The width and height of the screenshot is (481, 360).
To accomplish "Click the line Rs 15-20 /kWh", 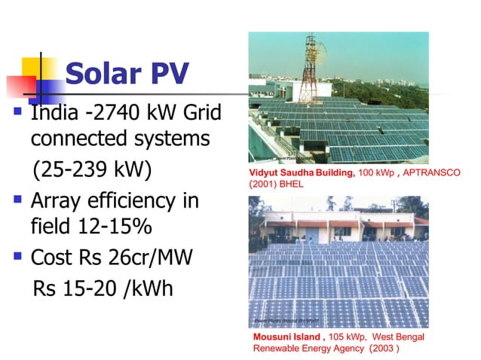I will pyautogui.click(x=103, y=288).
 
